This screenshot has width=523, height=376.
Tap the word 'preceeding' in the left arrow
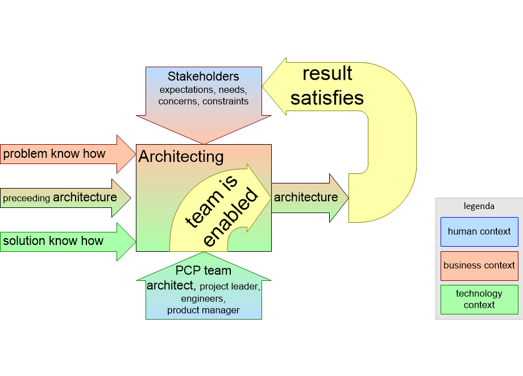pos(27,199)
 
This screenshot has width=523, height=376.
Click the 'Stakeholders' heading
pos(204,76)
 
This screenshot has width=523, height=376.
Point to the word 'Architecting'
pos(181,157)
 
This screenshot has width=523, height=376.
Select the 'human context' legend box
pos(479,231)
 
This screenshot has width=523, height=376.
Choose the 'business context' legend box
pos(479,265)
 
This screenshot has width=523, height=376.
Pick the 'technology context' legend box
pos(479,299)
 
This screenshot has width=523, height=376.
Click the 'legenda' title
pos(479,206)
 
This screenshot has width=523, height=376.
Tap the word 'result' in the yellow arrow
pos(327,73)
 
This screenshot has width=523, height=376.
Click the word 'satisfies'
pos(327,97)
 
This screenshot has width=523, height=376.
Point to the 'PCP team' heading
pos(203,271)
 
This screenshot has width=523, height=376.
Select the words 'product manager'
pos(203,310)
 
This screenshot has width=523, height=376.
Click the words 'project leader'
pos(230,287)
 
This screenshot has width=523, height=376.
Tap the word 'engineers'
pos(203,299)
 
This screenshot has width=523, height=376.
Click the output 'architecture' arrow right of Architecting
pos(307,198)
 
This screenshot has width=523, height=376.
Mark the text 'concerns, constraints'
pos(204,101)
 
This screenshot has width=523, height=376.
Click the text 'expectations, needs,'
pos(204,89)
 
